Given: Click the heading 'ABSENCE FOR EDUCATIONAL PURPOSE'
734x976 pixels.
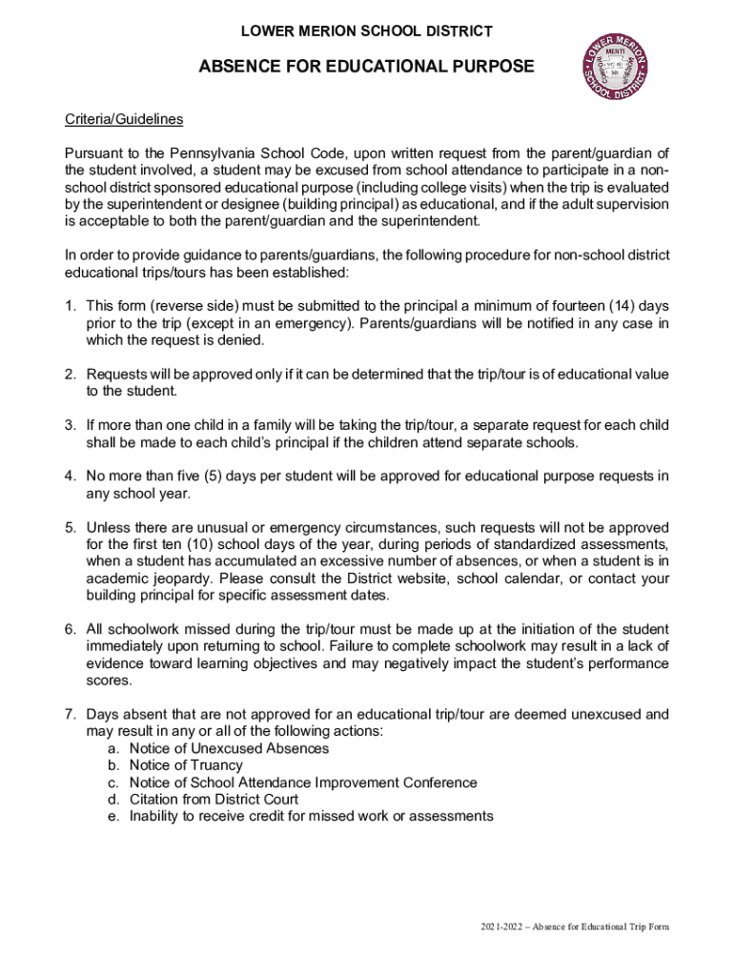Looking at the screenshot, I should [366, 67].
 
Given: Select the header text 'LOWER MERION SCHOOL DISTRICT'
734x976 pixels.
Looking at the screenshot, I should [366, 31].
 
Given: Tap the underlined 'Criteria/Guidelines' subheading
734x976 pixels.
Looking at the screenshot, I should [124, 120].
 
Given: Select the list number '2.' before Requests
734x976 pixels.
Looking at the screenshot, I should [71, 375].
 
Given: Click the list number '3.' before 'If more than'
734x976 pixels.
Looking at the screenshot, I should [71, 424].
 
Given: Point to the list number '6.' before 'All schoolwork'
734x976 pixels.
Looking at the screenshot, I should [71, 630].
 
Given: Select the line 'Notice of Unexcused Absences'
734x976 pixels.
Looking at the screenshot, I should [229, 748].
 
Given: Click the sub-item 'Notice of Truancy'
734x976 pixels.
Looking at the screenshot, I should [186, 765].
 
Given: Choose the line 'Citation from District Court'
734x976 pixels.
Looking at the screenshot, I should [214, 800].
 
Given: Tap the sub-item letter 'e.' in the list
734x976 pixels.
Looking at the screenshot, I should [112, 817].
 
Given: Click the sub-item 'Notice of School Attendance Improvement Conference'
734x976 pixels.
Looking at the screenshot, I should [303, 783].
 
